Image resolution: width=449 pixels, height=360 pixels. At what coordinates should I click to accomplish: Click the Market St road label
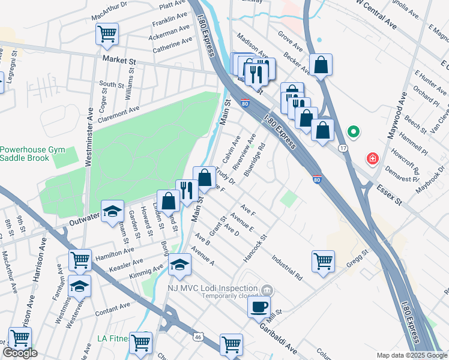[119, 61]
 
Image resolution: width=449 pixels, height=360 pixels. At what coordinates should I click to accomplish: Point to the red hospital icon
[373, 158]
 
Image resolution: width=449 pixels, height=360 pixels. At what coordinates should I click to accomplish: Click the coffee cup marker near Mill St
[259, 307]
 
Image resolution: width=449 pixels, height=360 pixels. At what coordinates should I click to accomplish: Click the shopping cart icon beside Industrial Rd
[323, 261]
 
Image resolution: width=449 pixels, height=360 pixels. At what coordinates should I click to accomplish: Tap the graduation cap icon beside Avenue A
[179, 264]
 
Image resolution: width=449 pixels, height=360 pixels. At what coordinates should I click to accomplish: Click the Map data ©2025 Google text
[411, 355]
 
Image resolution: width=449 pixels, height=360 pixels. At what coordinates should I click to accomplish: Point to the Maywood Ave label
[397, 122]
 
